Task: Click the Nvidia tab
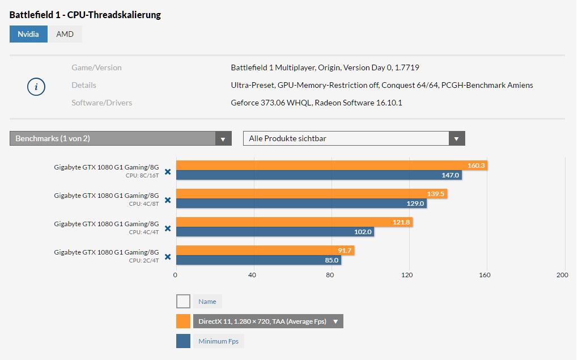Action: (28, 34)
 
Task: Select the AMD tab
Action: (65, 34)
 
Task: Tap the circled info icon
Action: (36, 87)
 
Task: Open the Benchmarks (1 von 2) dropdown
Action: (120, 138)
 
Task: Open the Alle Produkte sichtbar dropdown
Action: (354, 138)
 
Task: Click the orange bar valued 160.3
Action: (331, 166)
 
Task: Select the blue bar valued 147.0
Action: (318, 175)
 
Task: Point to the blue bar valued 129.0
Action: (301, 204)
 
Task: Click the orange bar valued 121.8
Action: (294, 222)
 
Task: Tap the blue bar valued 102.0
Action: (275, 232)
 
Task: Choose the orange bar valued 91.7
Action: (265, 251)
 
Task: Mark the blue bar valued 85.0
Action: (258, 260)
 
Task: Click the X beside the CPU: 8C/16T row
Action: (168, 172)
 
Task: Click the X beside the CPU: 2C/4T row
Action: (168, 257)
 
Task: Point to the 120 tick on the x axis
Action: (407, 276)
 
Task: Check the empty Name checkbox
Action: (183, 302)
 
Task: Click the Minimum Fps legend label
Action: (218, 341)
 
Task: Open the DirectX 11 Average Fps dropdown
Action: (268, 321)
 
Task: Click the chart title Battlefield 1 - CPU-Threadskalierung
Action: (85, 15)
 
